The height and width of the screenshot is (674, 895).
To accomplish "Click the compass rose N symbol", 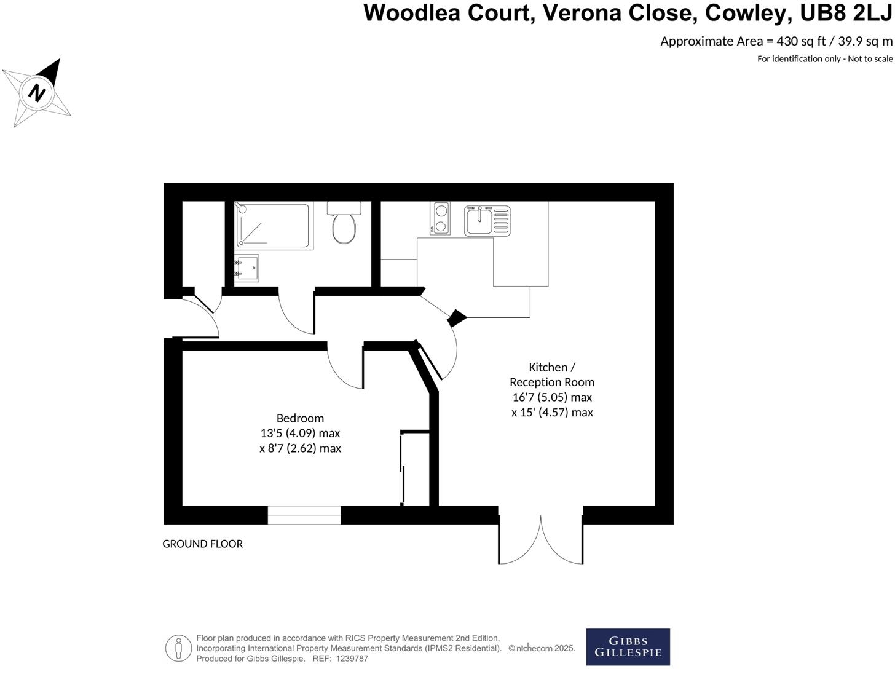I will (37, 93).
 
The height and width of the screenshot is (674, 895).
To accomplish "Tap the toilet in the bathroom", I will (344, 225).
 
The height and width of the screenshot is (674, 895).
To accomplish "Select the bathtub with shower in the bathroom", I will (273, 225).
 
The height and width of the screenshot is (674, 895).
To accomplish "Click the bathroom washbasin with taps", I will (246, 268).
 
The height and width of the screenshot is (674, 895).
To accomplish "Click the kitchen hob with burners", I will (440, 218).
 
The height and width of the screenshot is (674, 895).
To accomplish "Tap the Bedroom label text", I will (300, 418).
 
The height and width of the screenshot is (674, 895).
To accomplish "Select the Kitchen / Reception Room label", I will (551, 374).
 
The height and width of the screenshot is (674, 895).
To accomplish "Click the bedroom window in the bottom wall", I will (304, 515).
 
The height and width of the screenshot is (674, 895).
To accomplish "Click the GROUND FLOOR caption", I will (202, 544).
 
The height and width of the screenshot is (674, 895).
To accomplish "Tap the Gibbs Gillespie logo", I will (628, 647).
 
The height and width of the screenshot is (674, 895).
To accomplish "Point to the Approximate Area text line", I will (776, 41).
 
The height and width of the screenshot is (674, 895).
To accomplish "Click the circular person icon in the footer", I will (178, 648).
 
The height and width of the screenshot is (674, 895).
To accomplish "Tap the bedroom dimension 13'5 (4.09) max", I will (300, 433).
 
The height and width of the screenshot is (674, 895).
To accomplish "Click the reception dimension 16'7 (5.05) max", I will (551, 397).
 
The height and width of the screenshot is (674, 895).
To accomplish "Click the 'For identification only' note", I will (824, 59).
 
